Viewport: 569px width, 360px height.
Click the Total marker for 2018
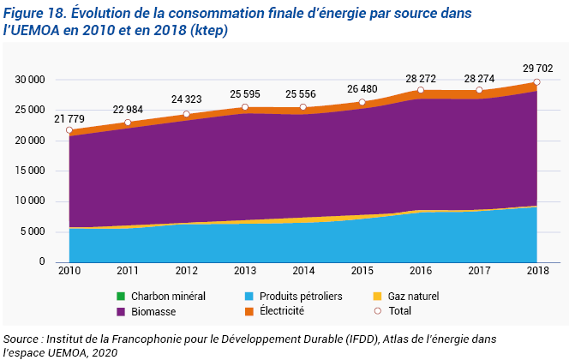click(537, 82)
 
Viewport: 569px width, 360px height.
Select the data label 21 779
click(69, 117)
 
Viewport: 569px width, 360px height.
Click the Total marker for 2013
click(245, 107)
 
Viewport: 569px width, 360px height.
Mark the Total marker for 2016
click(421, 90)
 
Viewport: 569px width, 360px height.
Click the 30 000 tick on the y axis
click(30, 80)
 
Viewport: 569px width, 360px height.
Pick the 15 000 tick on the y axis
click(30, 171)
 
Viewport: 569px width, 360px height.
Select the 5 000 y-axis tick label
click(33, 231)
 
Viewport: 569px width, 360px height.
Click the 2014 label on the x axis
click(303, 271)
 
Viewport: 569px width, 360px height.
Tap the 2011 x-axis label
click(128, 271)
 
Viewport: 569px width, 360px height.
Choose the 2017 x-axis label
click(479, 271)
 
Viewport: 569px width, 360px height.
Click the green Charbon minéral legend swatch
click(122, 297)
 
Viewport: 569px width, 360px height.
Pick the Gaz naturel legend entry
click(411, 297)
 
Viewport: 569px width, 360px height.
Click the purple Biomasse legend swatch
click(122, 311)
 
